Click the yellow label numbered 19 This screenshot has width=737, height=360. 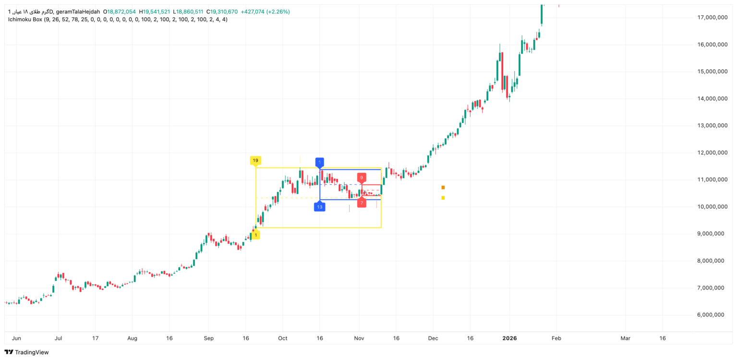tap(255, 160)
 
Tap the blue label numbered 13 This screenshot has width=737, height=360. tap(320, 206)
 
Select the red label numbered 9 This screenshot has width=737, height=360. tap(362, 178)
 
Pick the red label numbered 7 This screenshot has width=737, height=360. tap(362, 203)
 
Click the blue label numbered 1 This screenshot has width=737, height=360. tap(320, 162)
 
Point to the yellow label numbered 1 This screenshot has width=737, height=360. tap(256, 235)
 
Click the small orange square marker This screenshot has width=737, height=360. tap(443, 187)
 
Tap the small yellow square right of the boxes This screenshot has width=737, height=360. tap(443, 198)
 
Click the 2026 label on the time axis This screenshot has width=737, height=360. tap(509, 338)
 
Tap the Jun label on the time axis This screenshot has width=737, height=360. tap(16, 338)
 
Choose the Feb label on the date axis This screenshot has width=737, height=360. tap(556, 338)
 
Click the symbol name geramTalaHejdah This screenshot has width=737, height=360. tap(77, 12)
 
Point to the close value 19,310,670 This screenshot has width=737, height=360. tap(224, 12)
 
